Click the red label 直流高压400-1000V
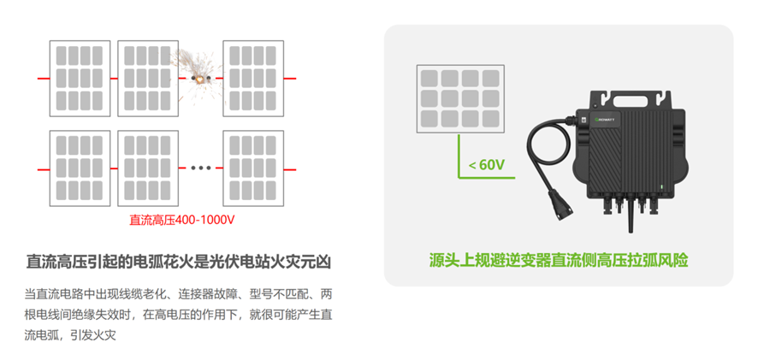pyautogui.click(x=181, y=221)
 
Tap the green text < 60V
pyautogui.click(x=486, y=165)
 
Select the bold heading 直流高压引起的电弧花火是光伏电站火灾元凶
pyautogui.click(x=179, y=263)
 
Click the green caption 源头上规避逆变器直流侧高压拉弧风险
pyautogui.click(x=559, y=261)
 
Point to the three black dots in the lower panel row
pyautogui.click(x=200, y=168)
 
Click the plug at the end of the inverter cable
pyautogui.click(x=560, y=204)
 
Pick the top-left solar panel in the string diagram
pyautogui.click(x=80, y=79)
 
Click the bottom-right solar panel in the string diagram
pyautogui.click(x=253, y=168)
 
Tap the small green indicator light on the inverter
pyautogui.click(x=662, y=186)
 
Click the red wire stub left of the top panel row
pyautogui.click(x=44, y=78)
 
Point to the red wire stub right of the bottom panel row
pyautogui.click(x=289, y=169)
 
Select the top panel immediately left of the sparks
pyautogui.click(x=148, y=79)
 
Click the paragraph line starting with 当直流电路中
pyautogui.click(x=179, y=294)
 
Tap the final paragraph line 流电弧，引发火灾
pyautogui.click(x=70, y=335)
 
